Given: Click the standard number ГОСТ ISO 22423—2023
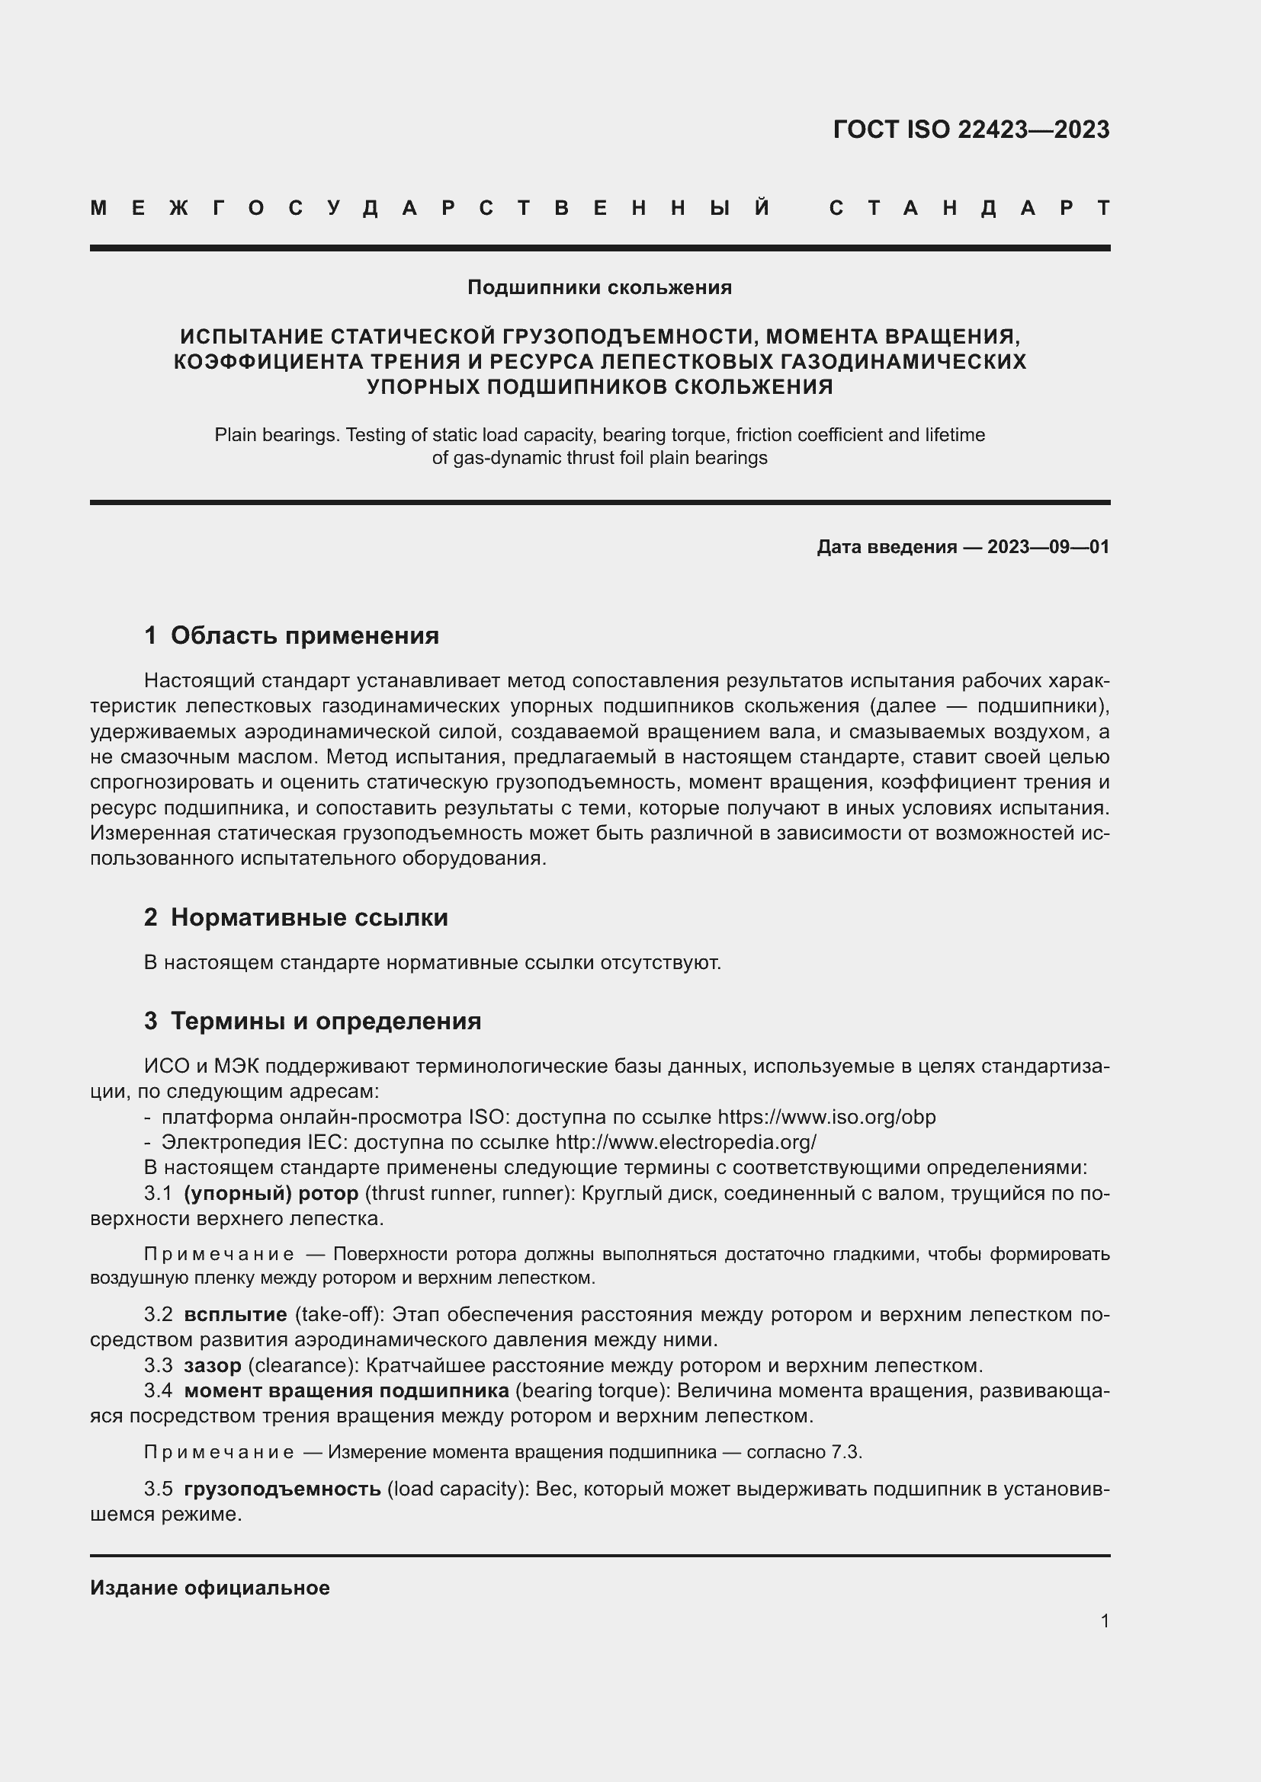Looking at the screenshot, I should click(x=971, y=129).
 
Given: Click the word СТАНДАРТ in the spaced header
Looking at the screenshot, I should click(x=970, y=208).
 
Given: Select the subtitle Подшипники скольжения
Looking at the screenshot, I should click(x=598, y=288).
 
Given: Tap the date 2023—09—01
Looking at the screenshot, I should click(x=1048, y=547).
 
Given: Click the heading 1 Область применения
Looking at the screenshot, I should click(x=291, y=635).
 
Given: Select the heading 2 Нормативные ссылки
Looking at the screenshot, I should click(x=296, y=917).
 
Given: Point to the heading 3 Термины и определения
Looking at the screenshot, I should click(x=312, y=1021).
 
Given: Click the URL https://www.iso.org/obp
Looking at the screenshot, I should click(x=826, y=1117).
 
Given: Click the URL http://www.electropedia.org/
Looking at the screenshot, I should click(x=685, y=1143).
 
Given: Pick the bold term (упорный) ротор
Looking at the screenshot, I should click(x=271, y=1193).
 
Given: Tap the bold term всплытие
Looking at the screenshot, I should click(x=236, y=1315).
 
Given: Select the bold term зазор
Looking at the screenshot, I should click(x=212, y=1365).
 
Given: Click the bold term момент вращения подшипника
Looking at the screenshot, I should click(x=346, y=1391).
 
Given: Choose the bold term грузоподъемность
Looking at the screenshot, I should click(x=282, y=1489).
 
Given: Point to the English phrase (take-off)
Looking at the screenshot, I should click(x=339, y=1315).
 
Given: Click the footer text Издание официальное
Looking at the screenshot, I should click(x=210, y=1588).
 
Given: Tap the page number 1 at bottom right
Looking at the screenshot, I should click(x=1104, y=1620).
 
